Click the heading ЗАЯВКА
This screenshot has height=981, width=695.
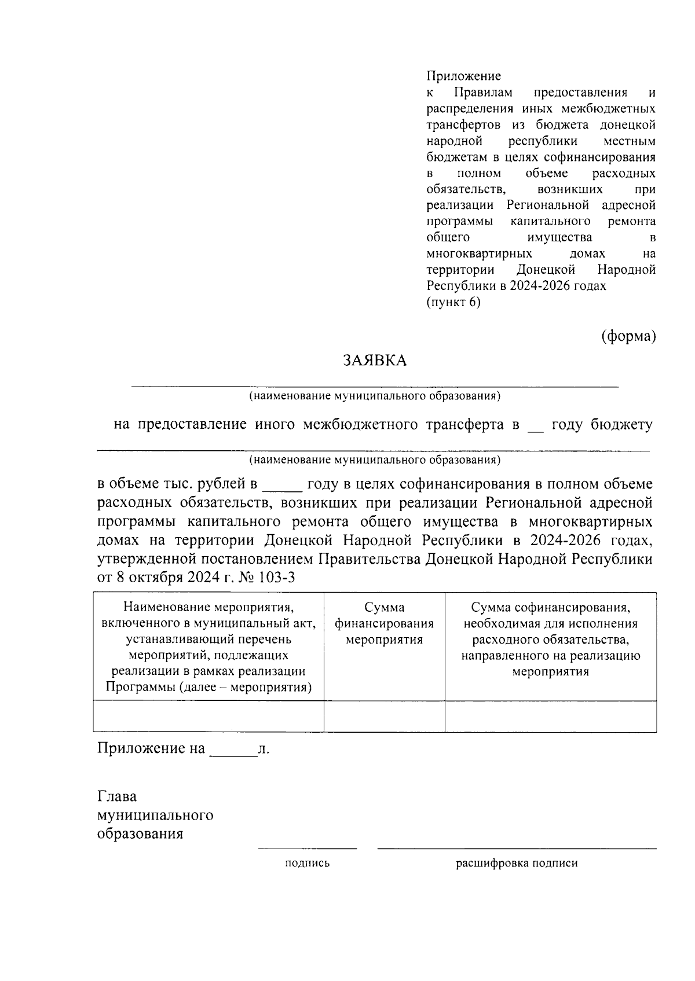point(375,361)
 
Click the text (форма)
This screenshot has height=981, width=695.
point(628,336)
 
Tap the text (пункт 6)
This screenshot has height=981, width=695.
point(453,302)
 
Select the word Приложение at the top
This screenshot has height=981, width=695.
point(463,76)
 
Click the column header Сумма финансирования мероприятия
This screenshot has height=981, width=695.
point(384,623)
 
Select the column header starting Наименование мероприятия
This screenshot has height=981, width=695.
point(209,647)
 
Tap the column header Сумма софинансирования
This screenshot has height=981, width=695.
point(550,639)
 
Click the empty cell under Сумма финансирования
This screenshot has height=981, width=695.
point(384,717)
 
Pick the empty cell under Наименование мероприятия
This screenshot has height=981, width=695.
point(209,717)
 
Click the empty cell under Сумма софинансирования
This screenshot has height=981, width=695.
point(550,717)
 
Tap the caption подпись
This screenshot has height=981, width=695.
point(307,864)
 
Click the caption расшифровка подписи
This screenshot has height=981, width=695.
point(517,864)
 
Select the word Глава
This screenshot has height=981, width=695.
point(117,797)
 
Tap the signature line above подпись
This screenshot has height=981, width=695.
point(307,848)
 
